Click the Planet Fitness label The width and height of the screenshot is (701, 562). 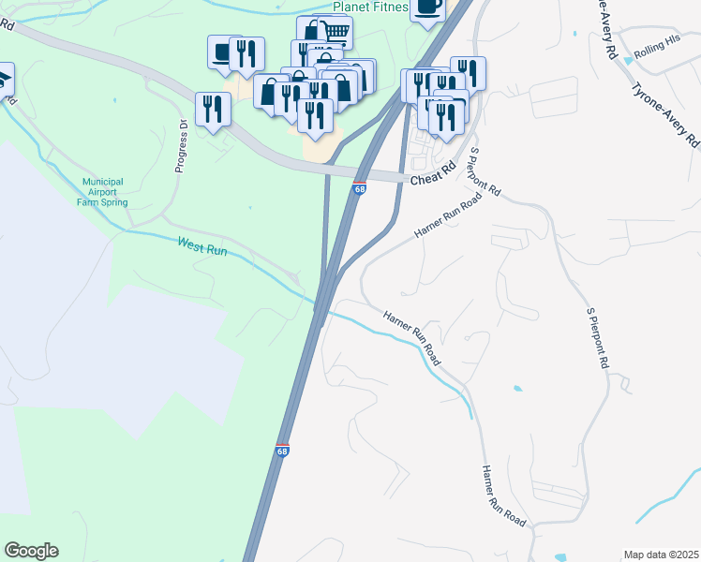[371, 7]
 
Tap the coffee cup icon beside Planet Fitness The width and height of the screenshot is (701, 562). [426, 7]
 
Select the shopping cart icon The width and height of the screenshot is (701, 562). [336, 33]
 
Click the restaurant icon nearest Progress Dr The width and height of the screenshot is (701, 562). [213, 109]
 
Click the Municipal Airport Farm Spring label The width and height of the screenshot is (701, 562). [104, 192]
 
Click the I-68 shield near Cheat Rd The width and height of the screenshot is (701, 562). [359, 188]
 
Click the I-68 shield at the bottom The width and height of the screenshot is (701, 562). [282, 451]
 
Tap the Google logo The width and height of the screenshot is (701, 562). [31, 551]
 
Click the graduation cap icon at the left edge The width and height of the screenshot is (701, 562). [4, 76]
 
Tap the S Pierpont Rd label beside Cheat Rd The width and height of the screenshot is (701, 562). [486, 170]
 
